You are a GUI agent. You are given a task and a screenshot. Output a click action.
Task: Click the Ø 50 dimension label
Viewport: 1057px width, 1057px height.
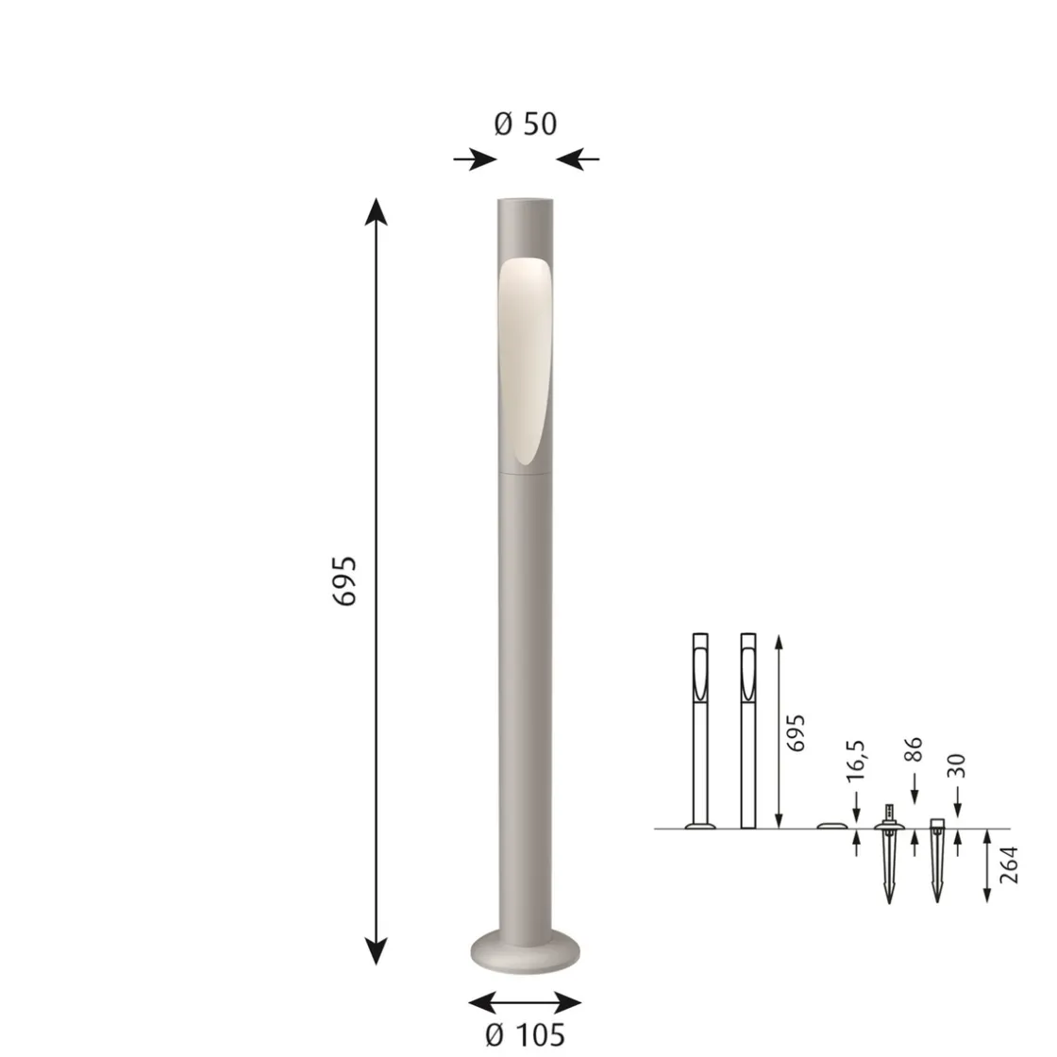525,124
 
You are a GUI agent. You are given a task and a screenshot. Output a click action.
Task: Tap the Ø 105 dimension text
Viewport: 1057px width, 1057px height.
525,1034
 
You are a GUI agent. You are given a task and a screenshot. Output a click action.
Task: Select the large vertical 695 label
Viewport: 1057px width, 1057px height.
344,581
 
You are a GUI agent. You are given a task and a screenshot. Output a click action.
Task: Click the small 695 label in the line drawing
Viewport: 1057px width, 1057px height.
797,733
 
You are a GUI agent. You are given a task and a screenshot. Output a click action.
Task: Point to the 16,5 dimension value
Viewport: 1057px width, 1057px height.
855,761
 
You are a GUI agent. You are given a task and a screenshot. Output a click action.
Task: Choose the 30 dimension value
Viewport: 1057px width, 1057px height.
957,765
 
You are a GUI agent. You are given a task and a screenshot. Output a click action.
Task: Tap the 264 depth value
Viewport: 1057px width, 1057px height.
1008,865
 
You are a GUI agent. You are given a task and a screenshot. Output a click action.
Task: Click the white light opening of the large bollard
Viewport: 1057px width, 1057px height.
524,361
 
